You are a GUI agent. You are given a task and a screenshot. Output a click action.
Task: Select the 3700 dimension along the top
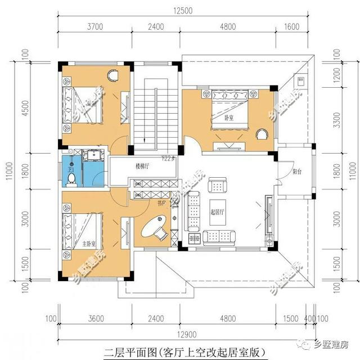94,26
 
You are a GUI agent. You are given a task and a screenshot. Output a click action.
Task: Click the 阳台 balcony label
299,172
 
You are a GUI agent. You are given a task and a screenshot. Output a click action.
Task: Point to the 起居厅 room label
218,212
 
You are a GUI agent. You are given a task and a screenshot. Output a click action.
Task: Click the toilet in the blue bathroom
71,178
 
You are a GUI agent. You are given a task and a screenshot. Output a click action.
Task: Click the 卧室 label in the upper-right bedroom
229,118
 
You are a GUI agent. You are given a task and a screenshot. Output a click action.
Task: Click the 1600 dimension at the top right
292,26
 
